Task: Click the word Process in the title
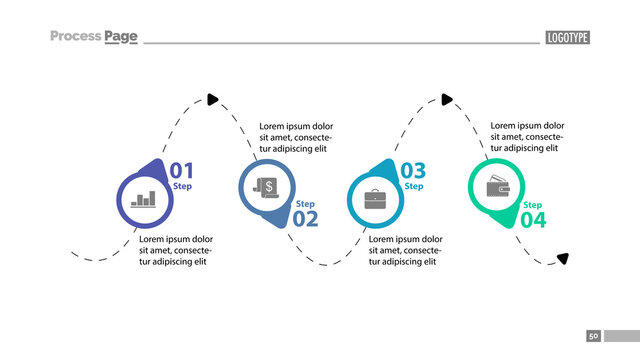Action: pyautogui.click(x=75, y=36)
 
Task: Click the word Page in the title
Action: pyautogui.click(x=120, y=36)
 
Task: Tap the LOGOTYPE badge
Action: pyautogui.click(x=568, y=37)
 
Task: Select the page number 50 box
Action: pyautogui.click(x=593, y=336)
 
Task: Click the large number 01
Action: pyautogui.click(x=181, y=171)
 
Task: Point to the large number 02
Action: pyautogui.click(x=305, y=219)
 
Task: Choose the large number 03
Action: pyautogui.click(x=413, y=171)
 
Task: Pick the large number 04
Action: pyautogui.click(x=533, y=219)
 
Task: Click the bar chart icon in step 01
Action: pyautogui.click(x=145, y=199)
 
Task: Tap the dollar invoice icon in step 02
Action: pyautogui.click(x=267, y=187)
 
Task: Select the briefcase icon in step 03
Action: pyautogui.click(x=374, y=198)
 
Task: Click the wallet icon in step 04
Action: pyautogui.click(x=497, y=187)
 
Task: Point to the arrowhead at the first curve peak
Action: pyautogui.click(x=212, y=98)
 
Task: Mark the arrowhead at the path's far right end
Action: pyautogui.click(x=563, y=258)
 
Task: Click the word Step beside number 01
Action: pyautogui.click(x=182, y=187)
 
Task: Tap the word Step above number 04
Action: pyautogui.click(x=533, y=204)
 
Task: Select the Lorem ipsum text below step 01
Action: pyautogui.click(x=175, y=250)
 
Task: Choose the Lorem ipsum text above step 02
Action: pyautogui.click(x=295, y=137)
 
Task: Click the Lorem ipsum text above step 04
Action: pyautogui.click(x=526, y=137)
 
